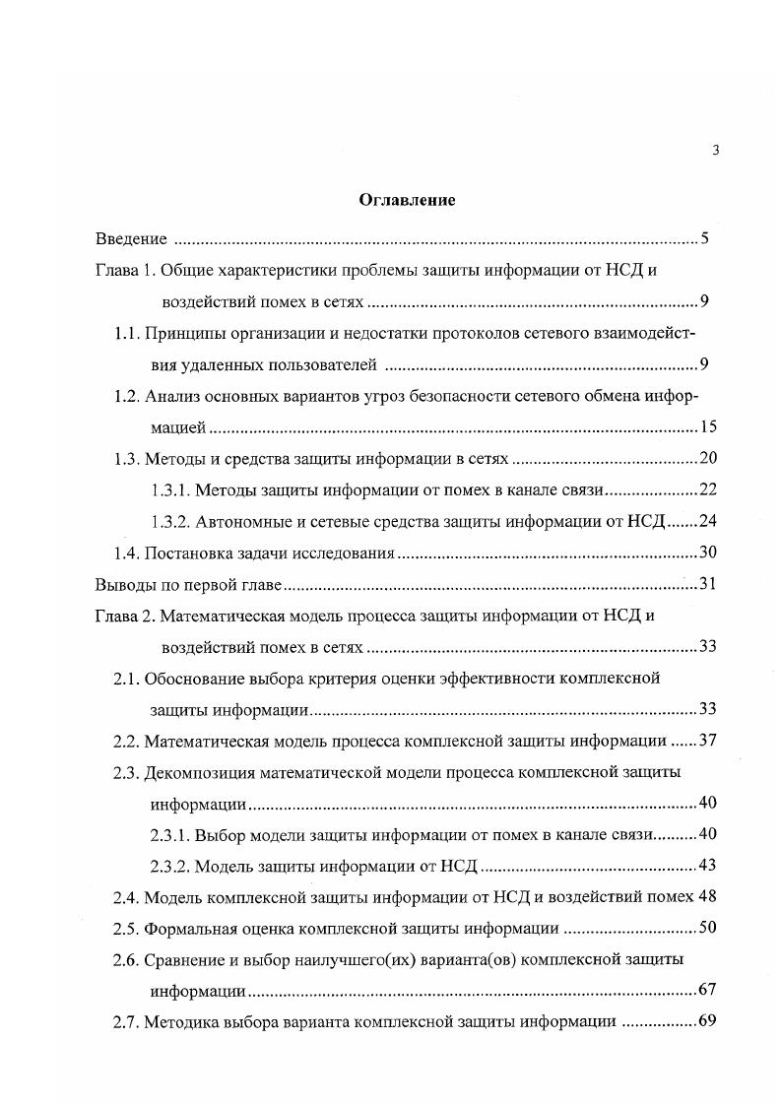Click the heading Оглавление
[x=406, y=201]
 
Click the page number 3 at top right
[x=715, y=150]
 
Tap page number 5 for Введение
[x=705, y=239]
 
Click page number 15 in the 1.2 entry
[x=706, y=427]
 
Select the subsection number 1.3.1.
[x=170, y=489]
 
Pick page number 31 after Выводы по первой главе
[x=707, y=585]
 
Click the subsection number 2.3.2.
[x=170, y=866]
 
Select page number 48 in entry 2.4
[x=706, y=897]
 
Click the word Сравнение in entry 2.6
[x=186, y=958]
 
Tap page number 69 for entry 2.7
[x=706, y=1021]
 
